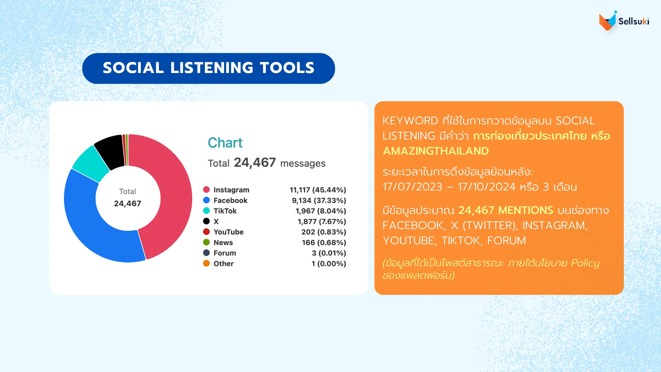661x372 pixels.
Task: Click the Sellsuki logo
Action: click(624, 21)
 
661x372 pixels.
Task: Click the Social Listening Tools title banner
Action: click(209, 68)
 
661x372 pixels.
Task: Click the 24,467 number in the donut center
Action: click(127, 204)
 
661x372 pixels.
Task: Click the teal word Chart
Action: click(225, 143)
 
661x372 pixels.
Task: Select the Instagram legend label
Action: click(231, 190)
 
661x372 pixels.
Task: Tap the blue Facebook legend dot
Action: click(207, 200)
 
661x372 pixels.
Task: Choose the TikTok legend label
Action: click(225, 211)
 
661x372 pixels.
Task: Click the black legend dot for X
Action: click(207, 221)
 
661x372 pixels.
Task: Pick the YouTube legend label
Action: click(229, 232)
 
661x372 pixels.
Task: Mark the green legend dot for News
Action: click(207, 242)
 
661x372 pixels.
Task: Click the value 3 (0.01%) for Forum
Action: click(329, 253)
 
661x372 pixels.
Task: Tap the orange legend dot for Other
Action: click(207, 263)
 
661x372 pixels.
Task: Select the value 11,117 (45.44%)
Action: click(318, 190)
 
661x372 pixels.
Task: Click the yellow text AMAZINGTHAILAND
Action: click(436, 151)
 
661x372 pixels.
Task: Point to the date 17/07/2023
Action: click(412, 187)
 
